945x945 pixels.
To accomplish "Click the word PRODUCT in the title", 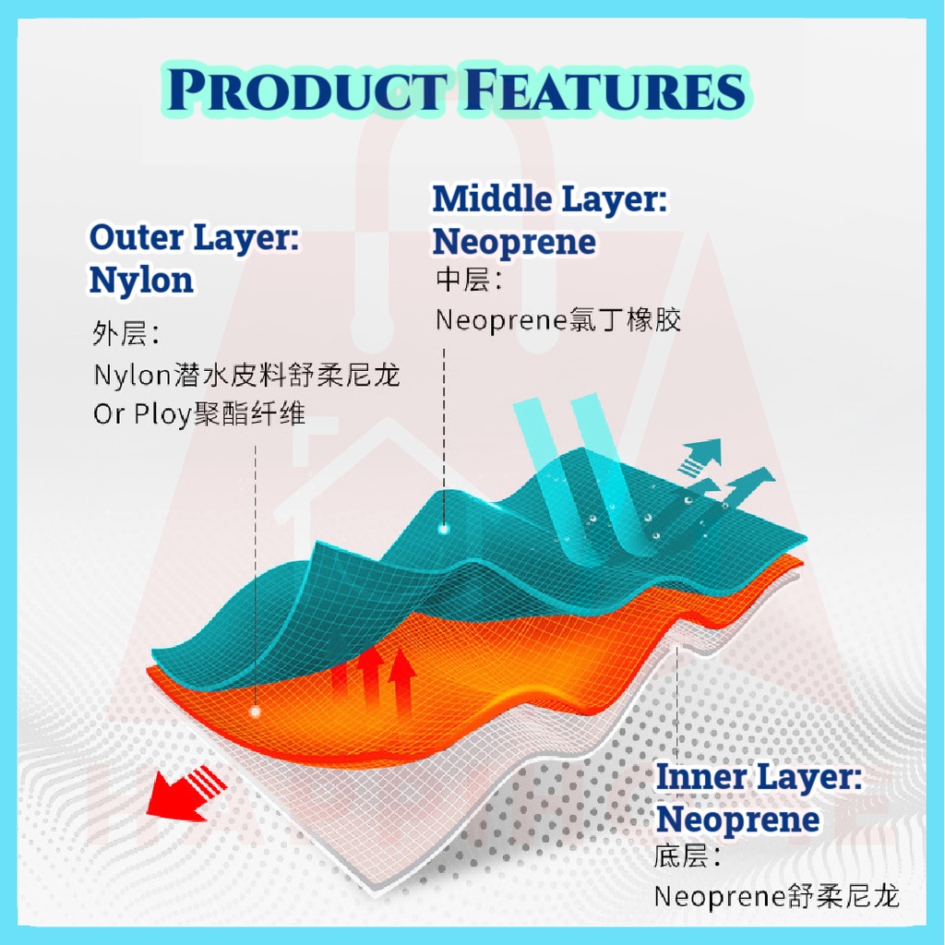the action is (x=307, y=90).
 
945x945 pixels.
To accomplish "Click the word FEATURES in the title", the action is (x=604, y=90).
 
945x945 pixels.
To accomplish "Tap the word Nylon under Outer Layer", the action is (x=141, y=281).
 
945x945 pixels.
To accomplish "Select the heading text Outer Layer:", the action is (x=194, y=237).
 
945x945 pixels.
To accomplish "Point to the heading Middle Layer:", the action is (x=550, y=199).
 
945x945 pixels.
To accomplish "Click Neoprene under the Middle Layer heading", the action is (x=514, y=243).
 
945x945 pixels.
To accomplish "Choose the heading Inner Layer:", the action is (x=759, y=777).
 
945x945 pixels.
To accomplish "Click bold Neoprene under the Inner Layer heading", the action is (x=737, y=820).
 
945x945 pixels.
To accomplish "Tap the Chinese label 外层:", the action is (x=126, y=332).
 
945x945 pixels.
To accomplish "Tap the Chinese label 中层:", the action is (x=468, y=281).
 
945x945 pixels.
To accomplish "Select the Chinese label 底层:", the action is (x=687, y=856).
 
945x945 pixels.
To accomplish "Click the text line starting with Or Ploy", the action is (x=199, y=414).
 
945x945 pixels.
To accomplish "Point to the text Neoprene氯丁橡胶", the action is (x=558, y=319).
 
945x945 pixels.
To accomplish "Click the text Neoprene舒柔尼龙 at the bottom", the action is (x=777, y=896).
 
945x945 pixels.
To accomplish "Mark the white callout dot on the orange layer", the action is (x=256, y=712).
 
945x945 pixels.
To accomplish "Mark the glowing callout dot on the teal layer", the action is (x=444, y=530).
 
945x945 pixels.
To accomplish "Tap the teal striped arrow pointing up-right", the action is (x=701, y=456).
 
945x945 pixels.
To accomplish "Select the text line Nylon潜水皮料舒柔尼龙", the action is (x=246, y=376).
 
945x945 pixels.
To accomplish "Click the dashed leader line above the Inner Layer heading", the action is (x=678, y=703).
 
